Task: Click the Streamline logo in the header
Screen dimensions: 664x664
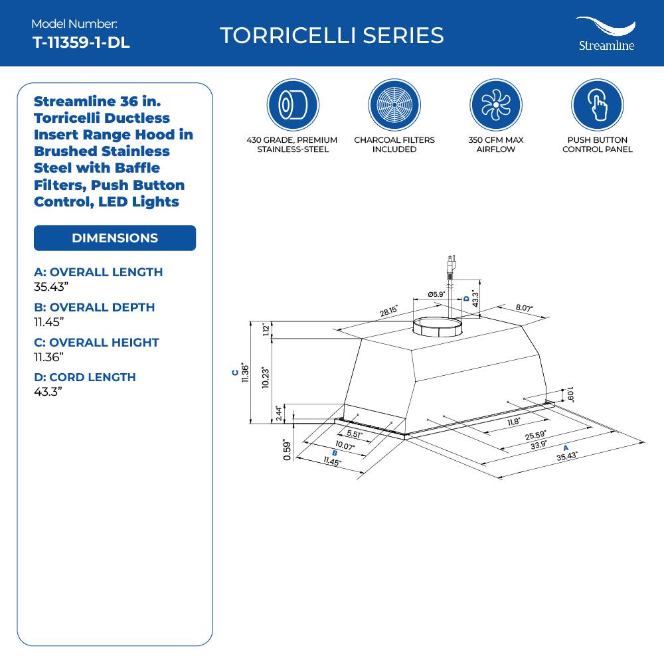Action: pyautogui.click(x=605, y=34)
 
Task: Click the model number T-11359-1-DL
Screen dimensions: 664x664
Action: pyautogui.click(x=81, y=42)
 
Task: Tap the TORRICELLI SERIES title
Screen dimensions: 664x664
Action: pyautogui.click(x=331, y=35)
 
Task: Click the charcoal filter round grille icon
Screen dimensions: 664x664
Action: pyautogui.click(x=394, y=105)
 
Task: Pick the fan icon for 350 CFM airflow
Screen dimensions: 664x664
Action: pyautogui.click(x=495, y=105)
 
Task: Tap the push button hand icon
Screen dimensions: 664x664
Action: pyautogui.click(x=597, y=105)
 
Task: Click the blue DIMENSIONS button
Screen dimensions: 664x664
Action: pyautogui.click(x=115, y=238)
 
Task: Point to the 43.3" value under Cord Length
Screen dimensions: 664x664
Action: pyautogui.click(x=48, y=392)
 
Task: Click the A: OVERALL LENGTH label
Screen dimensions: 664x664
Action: pyautogui.click(x=98, y=272)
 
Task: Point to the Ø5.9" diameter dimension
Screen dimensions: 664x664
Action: pyautogui.click(x=436, y=294)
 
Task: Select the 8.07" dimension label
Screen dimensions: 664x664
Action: pyautogui.click(x=524, y=309)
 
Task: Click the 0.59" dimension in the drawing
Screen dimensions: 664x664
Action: pyautogui.click(x=287, y=450)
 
